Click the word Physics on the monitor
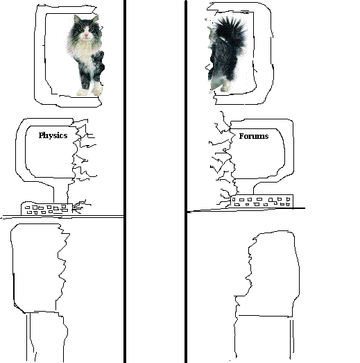tap(53, 135)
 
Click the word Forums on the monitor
tap(254, 136)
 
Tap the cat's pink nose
tap(86, 35)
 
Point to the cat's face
tap(86, 30)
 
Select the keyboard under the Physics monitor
tap(47, 209)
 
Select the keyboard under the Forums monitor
tap(262, 201)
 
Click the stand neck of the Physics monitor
tap(60, 193)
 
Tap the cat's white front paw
tap(96, 88)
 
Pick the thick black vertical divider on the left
tap(125, 182)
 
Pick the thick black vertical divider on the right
tap(186, 182)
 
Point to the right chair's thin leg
tap(292, 339)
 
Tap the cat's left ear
tap(76, 19)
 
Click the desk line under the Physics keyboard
tap(62, 217)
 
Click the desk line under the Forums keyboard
tap(246, 210)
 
